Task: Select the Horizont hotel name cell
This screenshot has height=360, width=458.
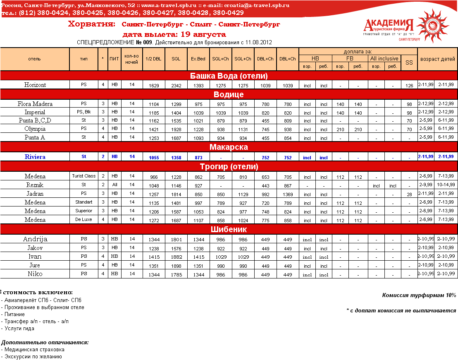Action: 35,85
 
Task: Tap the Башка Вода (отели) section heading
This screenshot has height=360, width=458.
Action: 229,76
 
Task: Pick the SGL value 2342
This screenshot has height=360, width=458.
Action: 176,86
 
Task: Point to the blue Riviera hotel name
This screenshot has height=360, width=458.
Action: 35,157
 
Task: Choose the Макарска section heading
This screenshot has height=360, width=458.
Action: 229,147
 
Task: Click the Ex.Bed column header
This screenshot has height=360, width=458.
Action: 198,59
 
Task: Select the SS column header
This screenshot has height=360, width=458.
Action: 409,62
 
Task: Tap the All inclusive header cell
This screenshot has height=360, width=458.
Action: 384,59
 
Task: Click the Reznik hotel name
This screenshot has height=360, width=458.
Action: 35,185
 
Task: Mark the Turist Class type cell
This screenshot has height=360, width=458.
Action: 84,176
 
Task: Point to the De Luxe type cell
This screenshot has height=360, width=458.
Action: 84,220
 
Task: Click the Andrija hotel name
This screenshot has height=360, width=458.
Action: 35,239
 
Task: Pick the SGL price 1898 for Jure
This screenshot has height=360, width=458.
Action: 176,266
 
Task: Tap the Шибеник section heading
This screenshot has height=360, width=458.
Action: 229,229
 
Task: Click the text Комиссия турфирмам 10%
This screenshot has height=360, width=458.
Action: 419,295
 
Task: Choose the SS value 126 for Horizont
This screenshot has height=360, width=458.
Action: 409,86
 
